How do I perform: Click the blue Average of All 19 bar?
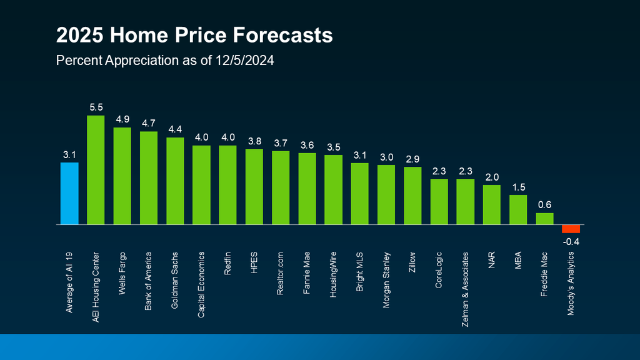(x=69, y=193)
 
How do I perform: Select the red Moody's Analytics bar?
(x=571, y=228)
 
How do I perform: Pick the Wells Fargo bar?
(x=122, y=176)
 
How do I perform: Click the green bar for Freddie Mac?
(x=545, y=218)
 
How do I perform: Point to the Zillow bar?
(x=412, y=196)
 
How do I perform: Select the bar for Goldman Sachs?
(x=175, y=181)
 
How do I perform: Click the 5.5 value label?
(x=96, y=106)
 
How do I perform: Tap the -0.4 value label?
(x=571, y=242)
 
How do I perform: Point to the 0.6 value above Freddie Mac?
(x=545, y=204)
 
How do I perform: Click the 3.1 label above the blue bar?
(x=69, y=153)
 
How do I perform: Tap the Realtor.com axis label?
(x=281, y=272)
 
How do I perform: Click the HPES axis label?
(x=254, y=262)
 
